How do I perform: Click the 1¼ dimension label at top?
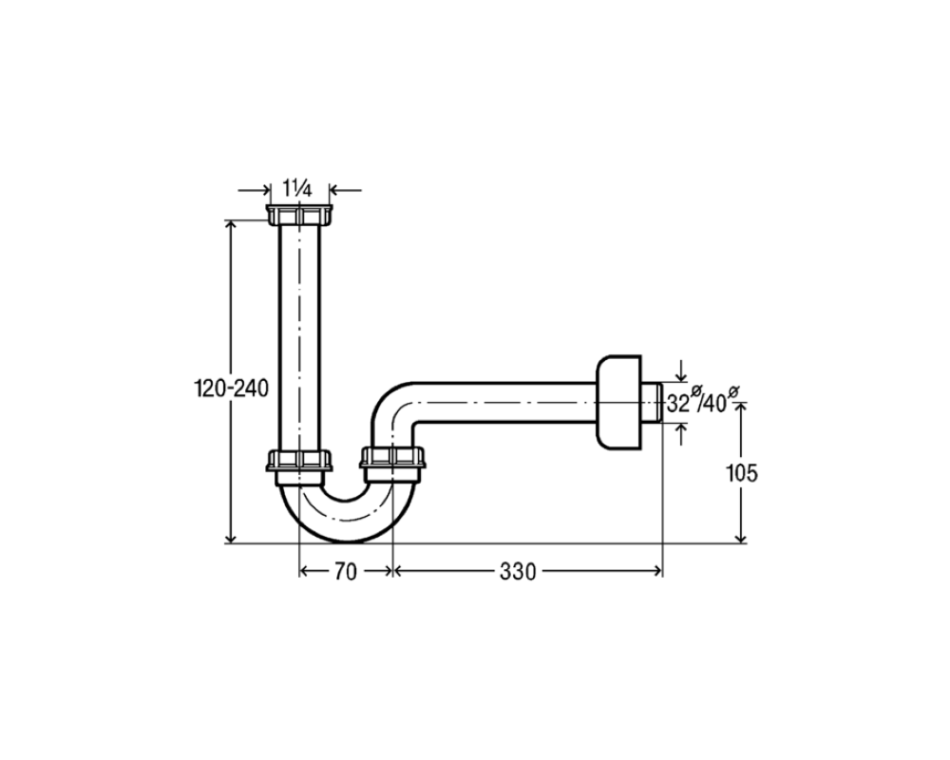pyautogui.click(x=296, y=190)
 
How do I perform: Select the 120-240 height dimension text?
pyautogui.click(x=230, y=388)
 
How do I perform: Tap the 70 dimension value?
pyautogui.click(x=346, y=572)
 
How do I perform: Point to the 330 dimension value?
pyautogui.click(x=518, y=572)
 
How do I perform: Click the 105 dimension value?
pyautogui.click(x=742, y=473)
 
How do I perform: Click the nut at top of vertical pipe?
pyautogui.click(x=299, y=215)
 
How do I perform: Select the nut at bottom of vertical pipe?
pyautogui.click(x=299, y=461)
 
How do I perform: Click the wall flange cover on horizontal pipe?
pyautogui.click(x=618, y=403)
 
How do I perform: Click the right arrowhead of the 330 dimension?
pyautogui.click(x=656, y=570)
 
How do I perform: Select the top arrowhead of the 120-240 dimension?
pyautogui.click(x=230, y=225)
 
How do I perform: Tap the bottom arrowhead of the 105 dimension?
pyautogui.click(x=740, y=538)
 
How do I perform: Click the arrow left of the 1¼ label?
pyautogui.click(x=254, y=190)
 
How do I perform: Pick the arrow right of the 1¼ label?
pyautogui.click(x=346, y=190)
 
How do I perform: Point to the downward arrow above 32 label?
pyautogui.click(x=682, y=370)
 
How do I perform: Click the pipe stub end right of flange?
pyautogui.click(x=652, y=403)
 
